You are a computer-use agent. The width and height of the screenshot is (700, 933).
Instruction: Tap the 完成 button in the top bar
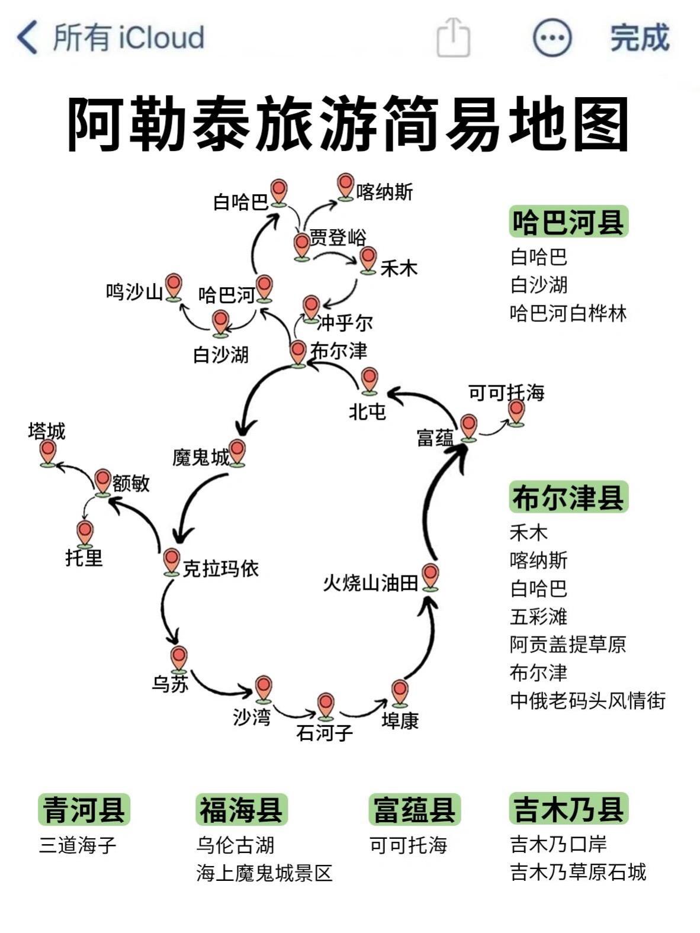coord(640,38)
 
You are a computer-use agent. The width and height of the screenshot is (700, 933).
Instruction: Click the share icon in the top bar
coord(453,37)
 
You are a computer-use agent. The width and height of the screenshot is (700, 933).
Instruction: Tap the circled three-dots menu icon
coord(552,37)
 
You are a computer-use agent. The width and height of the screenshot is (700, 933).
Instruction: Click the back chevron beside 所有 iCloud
coord(27,37)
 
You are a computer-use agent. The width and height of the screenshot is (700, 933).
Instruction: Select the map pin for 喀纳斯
coord(345,186)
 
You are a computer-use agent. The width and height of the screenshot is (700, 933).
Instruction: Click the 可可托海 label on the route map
coord(506,392)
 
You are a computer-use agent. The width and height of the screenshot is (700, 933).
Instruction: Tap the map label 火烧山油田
coord(371,583)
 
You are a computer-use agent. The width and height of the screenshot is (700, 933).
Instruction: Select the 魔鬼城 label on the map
coord(200,457)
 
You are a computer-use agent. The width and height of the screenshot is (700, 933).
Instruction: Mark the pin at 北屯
coord(369,379)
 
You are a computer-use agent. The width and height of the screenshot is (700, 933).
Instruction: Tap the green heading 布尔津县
coord(568,497)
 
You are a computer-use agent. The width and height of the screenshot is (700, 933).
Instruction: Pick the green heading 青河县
coord(84,810)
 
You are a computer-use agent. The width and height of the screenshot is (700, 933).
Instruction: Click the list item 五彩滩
coord(538,616)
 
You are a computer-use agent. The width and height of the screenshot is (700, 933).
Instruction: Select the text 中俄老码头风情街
coord(587,700)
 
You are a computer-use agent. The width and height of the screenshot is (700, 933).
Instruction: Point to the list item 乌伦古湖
coord(235,845)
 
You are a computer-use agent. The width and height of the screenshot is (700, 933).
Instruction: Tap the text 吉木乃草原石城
coord(578,872)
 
